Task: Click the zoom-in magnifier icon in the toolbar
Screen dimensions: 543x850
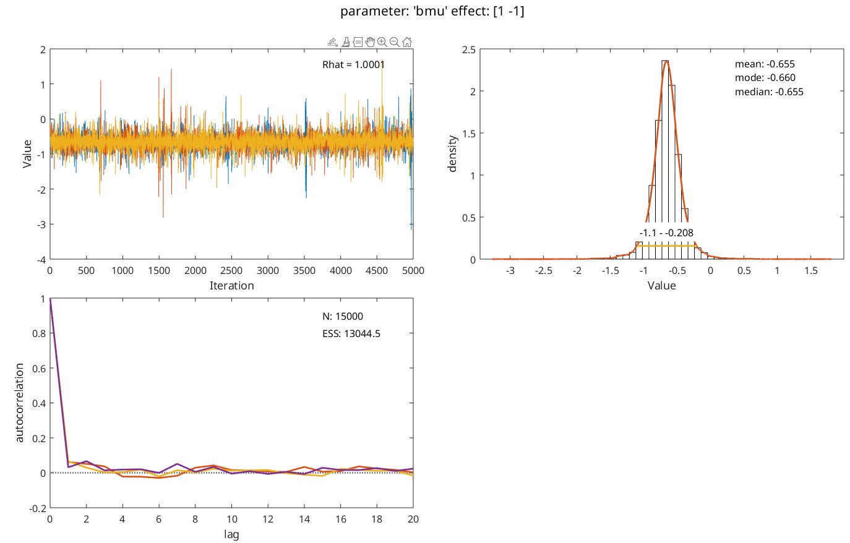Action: click(x=382, y=42)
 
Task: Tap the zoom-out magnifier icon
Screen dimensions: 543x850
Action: click(x=394, y=42)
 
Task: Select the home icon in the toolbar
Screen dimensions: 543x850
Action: click(x=406, y=42)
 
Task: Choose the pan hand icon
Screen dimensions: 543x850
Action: click(x=370, y=42)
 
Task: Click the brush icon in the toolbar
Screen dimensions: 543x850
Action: click(x=346, y=42)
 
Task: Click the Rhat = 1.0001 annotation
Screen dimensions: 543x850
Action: click(x=353, y=65)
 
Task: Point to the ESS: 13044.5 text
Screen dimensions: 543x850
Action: click(x=351, y=334)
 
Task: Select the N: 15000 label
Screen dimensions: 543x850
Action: click(x=343, y=317)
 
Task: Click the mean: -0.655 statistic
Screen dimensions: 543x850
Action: click(x=765, y=64)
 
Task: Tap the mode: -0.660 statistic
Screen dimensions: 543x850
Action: click(x=765, y=78)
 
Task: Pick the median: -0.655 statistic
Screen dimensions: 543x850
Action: click(x=769, y=92)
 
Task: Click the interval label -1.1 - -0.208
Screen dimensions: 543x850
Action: click(x=666, y=233)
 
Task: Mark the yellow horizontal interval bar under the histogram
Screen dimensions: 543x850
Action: click(x=666, y=246)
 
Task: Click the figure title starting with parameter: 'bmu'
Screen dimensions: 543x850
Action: click(x=432, y=12)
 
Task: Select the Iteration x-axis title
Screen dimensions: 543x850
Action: click(x=231, y=286)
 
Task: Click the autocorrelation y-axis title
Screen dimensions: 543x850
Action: click(x=19, y=403)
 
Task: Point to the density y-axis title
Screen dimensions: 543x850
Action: click(x=452, y=154)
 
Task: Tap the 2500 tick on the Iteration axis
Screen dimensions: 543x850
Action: click(x=231, y=271)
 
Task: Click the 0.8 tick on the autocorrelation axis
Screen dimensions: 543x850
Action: click(x=38, y=333)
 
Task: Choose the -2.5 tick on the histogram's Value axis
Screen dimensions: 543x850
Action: click(x=544, y=271)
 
